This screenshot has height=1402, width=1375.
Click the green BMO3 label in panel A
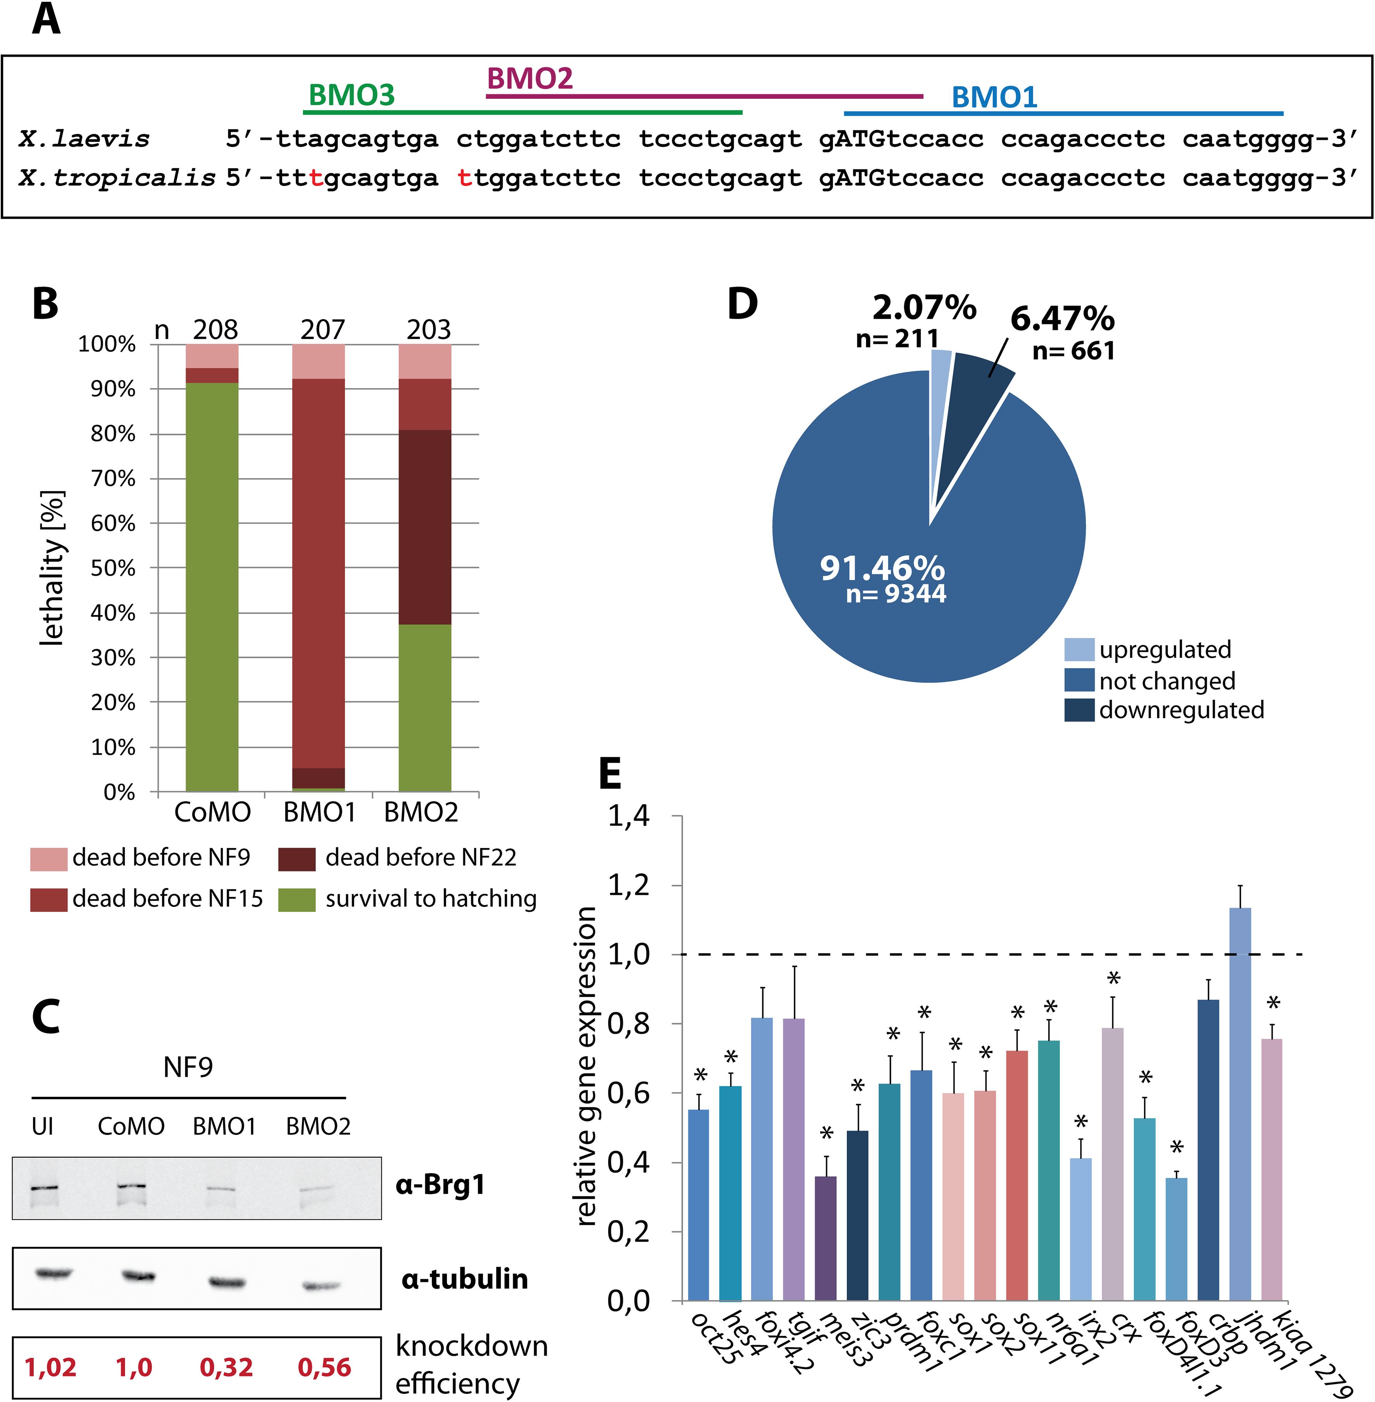pyautogui.click(x=352, y=95)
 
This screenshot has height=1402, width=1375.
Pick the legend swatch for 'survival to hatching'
pyautogui.click(x=297, y=899)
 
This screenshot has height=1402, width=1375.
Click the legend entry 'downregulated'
pyautogui.click(x=1182, y=710)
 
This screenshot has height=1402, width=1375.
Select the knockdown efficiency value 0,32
pyautogui.click(x=226, y=1367)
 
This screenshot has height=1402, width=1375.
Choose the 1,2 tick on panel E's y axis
pyautogui.click(x=628, y=886)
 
